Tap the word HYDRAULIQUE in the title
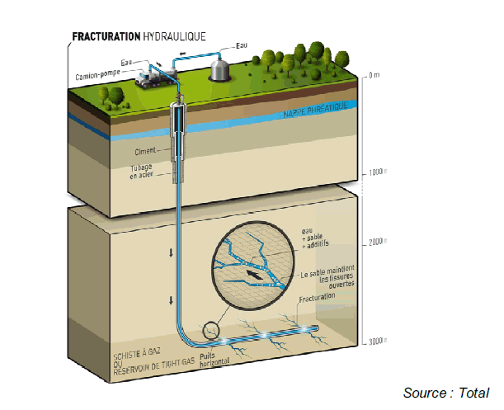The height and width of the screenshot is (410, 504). [x=172, y=36]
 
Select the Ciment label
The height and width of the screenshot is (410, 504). [x=146, y=153]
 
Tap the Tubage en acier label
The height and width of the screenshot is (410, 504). [x=140, y=172]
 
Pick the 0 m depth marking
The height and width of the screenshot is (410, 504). [x=374, y=76]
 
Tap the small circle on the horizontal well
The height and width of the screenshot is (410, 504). [x=214, y=330]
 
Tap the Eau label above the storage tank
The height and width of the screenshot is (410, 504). [x=241, y=45]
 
